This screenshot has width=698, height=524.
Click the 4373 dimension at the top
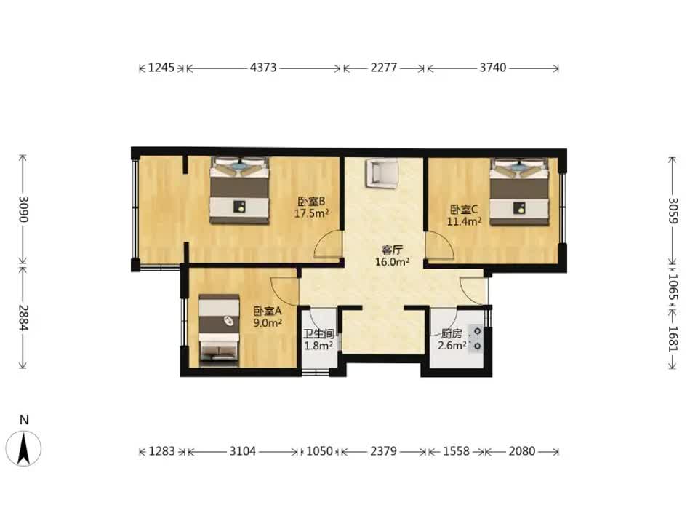(x=263, y=68)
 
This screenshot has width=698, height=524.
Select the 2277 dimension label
(x=384, y=68)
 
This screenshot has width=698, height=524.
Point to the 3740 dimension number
(x=493, y=68)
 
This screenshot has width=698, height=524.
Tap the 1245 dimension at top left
(x=161, y=68)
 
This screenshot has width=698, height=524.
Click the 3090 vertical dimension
(x=23, y=209)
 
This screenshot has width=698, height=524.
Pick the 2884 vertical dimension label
(x=23, y=318)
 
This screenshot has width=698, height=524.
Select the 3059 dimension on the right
(x=673, y=211)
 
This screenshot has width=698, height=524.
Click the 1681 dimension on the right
(x=673, y=339)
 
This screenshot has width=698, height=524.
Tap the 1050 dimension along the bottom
(x=320, y=451)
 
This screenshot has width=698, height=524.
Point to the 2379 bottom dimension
(x=383, y=451)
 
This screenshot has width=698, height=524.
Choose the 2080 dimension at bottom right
(x=522, y=451)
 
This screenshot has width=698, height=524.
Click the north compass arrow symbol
(x=23, y=449)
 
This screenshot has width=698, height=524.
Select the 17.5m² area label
(x=311, y=213)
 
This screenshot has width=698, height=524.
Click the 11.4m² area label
(x=464, y=221)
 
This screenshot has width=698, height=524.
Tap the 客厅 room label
(x=392, y=250)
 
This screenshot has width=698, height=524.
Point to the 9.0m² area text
(x=268, y=323)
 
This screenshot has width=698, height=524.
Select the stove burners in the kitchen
(x=477, y=338)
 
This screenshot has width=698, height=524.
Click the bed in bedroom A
(x=219, y=330)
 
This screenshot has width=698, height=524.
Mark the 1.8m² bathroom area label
(x=318, y=346)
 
